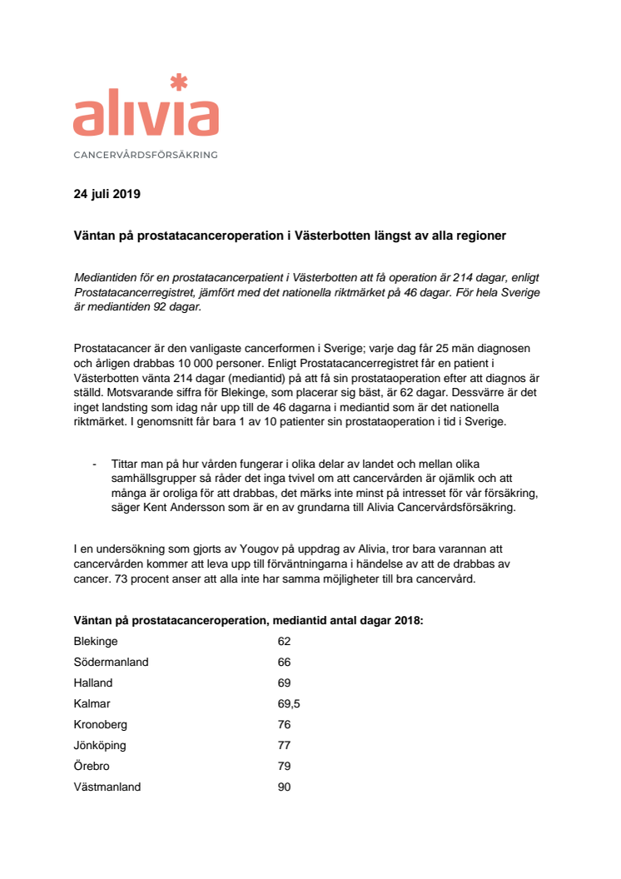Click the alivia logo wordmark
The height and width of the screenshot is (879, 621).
pyautogui.click(x=146, y=117)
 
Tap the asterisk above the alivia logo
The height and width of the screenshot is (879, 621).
pyautogui.click(x=177, y=82)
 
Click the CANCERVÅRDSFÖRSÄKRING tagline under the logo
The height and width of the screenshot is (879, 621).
pyautogui.click(x=146, y=155)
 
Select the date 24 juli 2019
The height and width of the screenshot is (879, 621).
pyautogui.click(x=107, y=196)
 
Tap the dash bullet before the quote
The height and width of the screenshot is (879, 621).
pyautogui.click(x=95, y=464)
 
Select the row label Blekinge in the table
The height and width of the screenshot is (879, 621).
pyautogui.click(x=96, y=642)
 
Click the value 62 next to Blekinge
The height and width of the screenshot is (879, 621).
pyautogui.click(x=284, y=642)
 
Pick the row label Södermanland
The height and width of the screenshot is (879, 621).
pyautogui.click(x=111, y=663)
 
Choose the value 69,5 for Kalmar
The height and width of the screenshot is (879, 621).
pyautogui.click(x=289, y=703)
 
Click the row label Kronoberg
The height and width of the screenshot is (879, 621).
pyautogui.click(x=101, y=724)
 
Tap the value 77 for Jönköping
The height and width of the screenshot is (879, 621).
pyautogui.click(x=284, y=745)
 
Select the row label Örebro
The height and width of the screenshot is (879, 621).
pyautogui.click(x=92, y=766)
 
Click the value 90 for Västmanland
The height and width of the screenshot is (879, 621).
pyautogui.click(x=284, y=787)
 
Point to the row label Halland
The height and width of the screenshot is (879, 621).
pyautogui.click(x=93, y=683)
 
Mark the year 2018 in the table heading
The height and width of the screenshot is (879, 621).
pyautogui.click(x=408, y=621)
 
